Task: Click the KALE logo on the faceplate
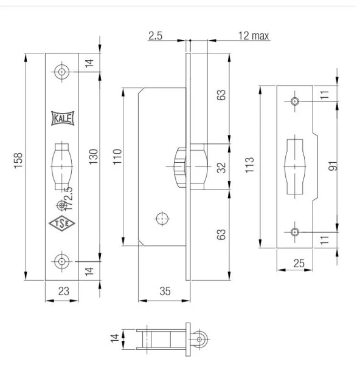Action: [63, 118]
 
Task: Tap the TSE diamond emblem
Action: [62, 224]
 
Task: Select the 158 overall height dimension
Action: [18, 160]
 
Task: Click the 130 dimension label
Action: [94, 157]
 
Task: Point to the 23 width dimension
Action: [64, 291]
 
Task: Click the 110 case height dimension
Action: [117, 157]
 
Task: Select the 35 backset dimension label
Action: [165, 291]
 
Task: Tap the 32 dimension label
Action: [221, 168]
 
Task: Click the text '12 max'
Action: [254, 36]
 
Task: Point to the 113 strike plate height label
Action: [250, 165]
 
